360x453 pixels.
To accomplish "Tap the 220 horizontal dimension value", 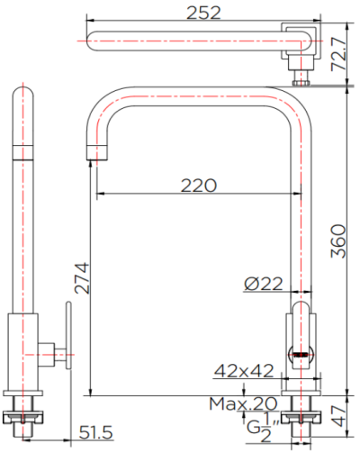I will pyautogui.click(x=198, y=186).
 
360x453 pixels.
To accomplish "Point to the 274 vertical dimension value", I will pyautogui.click(x=80, y=279).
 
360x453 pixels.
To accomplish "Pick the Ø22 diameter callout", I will pyautogui.click(x=264, y=285).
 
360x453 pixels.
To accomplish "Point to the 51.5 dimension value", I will pyautogui.click(x=94, y=434).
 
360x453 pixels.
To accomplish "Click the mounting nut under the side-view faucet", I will pyautogui.click(x=24, y=416).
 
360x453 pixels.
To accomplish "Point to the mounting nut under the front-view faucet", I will pyautogui.click(x=300, y=417).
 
